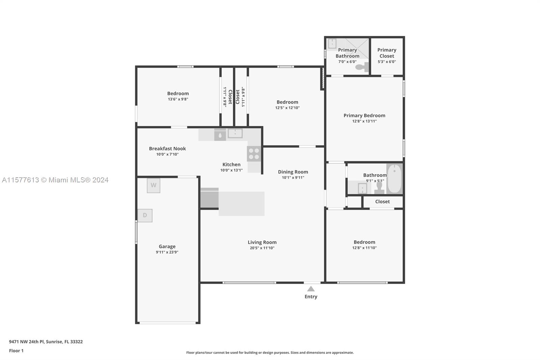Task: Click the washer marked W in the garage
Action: (x=154, y=185)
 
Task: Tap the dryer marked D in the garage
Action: (x=145, y=215)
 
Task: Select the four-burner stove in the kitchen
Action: (x=254, y=154)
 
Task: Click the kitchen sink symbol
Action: (x=235, y=133)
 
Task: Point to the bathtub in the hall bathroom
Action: (x=395, y=179)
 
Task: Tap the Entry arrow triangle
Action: (x=311, y=289)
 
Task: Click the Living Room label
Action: (x=262, y=242)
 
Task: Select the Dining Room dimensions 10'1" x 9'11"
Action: (x=293, y=178)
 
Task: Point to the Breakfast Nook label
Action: (x=167, y=149)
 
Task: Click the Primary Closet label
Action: (x=387, y=53)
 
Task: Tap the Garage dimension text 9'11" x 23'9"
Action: (x=167, y=252)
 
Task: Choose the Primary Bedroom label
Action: (x=364, y=115)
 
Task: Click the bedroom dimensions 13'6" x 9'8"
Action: (x=178, y=99)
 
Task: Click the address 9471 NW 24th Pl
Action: (x=27, y=342)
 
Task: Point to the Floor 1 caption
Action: (x=16, y=351)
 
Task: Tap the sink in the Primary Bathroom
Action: (x=332, y=44)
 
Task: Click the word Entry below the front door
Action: (x=311, y=297)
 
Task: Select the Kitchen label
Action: (x=231, y=164)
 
